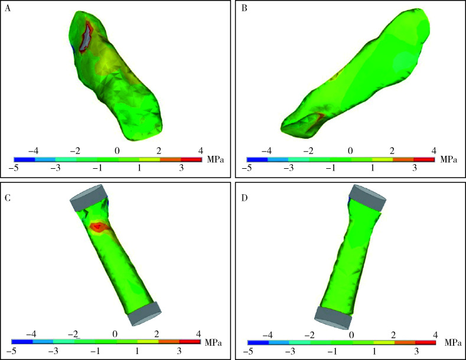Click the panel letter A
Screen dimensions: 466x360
pyautogui.click(x=8, y=8)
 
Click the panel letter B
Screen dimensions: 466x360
pyautogui.click(x=245, y=8)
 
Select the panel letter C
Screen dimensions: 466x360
pyautogui.click(x=8, y=197)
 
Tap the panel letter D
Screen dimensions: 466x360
pyautogui.click(x=245, y=197)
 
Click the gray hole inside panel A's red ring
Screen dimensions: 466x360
pyautogui.click(x=86, y=37)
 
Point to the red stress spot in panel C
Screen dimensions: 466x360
pyautogui.click(x=97, y=227)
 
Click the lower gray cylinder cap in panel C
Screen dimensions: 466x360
pyautogui.click(x=145, y=314)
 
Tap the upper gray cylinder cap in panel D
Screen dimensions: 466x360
pyautogui.click(x=367, y=198)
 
